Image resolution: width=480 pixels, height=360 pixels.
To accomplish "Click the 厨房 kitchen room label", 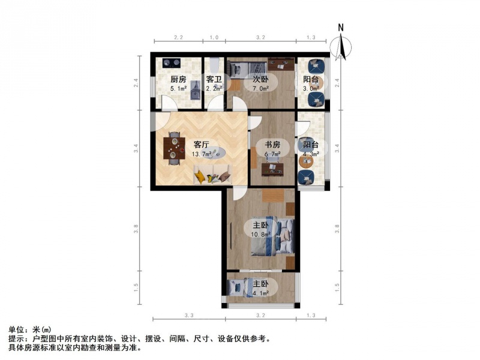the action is [178, 80].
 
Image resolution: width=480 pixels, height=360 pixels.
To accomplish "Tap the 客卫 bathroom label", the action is [214, 80].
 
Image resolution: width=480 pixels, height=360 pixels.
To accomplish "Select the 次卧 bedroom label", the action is [260, 80].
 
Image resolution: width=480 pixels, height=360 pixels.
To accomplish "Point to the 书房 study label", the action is [272, 145].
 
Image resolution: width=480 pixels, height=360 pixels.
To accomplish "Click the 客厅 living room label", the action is [202, 145].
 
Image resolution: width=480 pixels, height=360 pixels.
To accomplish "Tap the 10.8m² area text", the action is [261, 235].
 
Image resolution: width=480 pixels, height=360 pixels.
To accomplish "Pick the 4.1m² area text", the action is [261, 293].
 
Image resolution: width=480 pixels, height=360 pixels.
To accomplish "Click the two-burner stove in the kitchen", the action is [172, 63].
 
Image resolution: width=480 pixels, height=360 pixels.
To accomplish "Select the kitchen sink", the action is [195, 91].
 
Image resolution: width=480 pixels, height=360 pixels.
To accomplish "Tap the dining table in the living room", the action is [174, 148].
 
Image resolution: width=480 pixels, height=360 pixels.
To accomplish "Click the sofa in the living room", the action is [213, 175].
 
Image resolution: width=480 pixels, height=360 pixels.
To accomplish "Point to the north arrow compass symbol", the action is [341, 47].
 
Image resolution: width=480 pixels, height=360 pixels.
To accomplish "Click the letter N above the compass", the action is [341, 28].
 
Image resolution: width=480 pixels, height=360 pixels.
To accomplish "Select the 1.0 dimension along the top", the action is [214, 38].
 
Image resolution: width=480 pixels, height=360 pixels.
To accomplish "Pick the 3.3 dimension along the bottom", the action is [189, 316].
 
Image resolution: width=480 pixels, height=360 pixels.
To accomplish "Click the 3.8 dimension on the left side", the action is [136, 229].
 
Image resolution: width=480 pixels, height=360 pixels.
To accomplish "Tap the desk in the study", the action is [272, 170].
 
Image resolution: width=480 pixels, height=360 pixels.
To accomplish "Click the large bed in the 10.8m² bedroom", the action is [272, 236].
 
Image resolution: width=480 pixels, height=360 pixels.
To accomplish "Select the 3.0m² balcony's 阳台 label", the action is [311, 80].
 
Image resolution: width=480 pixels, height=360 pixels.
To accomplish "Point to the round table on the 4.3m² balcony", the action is [305, 162].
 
